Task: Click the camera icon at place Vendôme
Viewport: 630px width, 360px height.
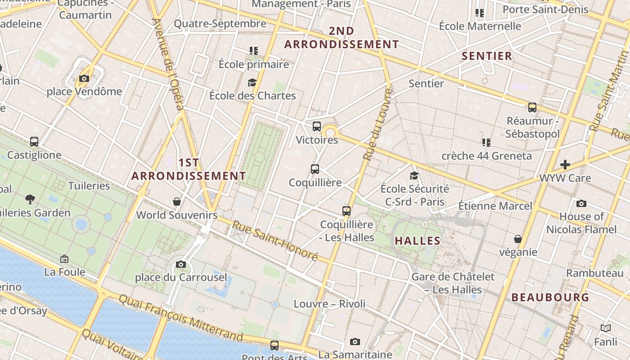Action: (84, 79)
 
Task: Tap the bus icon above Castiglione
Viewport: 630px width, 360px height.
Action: (34, 142)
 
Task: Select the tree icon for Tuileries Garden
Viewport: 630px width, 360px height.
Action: (30, 199)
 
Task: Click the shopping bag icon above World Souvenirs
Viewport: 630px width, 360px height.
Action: (177, 202)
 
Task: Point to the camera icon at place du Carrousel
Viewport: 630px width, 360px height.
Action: (181, 264)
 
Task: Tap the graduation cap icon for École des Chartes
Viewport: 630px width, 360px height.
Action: (252, 82)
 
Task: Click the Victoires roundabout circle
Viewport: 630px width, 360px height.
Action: (331, 132)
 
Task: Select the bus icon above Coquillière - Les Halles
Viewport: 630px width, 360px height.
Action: (346, 211)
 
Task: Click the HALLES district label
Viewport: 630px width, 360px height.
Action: (418, 241)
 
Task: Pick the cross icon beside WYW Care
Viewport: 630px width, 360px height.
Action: (565, 165)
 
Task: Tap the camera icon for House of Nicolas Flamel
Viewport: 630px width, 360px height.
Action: (581, 203)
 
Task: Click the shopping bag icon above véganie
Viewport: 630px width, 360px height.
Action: (518, 239)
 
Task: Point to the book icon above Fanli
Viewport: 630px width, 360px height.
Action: (606, 328)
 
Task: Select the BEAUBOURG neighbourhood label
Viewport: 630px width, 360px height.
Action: (550, 297)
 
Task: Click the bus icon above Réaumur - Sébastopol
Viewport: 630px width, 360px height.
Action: (532, 108)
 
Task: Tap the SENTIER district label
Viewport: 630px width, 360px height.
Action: (487, 56)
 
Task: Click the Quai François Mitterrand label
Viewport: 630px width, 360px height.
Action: (181, 318)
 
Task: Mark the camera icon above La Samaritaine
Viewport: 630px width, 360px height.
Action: (355, 342)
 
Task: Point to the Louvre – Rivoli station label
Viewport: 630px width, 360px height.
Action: (329, 304)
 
